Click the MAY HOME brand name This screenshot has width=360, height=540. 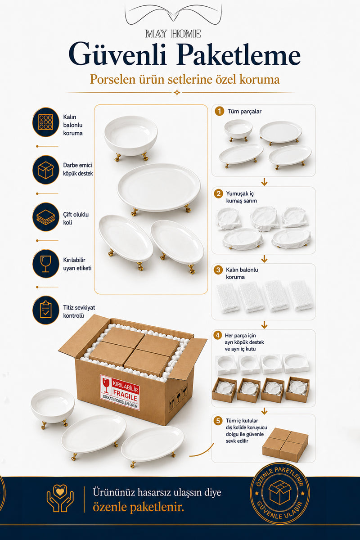pyautogui.click(x=173, y=34)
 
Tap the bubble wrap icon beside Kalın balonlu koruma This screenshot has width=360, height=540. pyautogui.click(x=46, y=122)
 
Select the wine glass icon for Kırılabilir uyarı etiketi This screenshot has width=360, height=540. pyautogui.click(x=46, y=264)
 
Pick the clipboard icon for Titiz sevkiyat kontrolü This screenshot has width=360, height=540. pyautogui.click(x=46, y=310)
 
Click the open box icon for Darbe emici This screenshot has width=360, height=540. pyautogui.click(x=46, y=170)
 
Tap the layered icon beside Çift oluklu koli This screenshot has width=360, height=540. pyautogui.click(x=46, y=217)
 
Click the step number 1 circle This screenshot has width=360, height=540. pyautogui.click(x=220, y=112)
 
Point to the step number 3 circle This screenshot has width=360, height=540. pyautogui.click(x=218, y=270)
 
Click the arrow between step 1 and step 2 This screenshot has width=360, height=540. pyautogui.click(x=264, y=182)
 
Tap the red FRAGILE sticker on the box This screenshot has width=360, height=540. pyautogui.click(x=120, y=392)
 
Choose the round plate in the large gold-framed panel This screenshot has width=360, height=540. pyautogui.click(x=159, y=189)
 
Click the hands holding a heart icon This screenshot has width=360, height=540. pyautogui.click(x=60, y=498)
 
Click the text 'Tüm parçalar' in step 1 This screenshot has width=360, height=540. pyautogui.click(x=244, y=112)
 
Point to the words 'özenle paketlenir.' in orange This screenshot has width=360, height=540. pyautogui.click(x=139, y=508)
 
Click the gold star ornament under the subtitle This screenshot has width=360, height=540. pyautogui.click(x=177, y=93)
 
